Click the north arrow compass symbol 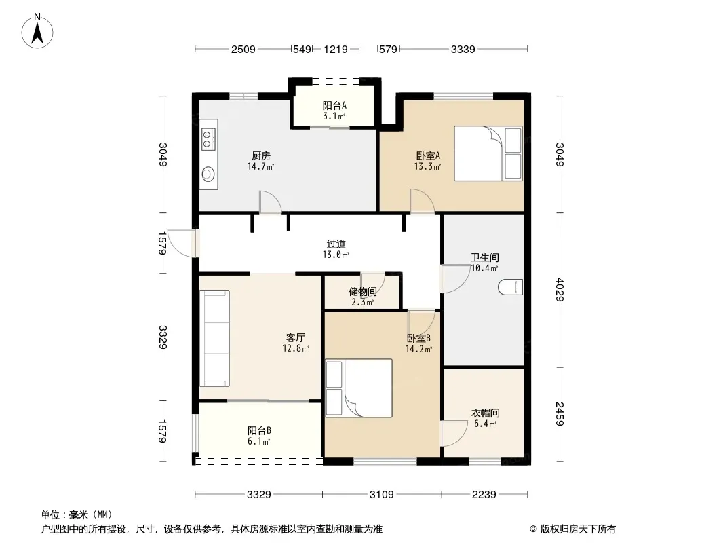coord(37,31)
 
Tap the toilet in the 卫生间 coord(511,287)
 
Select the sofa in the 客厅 coord(214,338)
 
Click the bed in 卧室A coord(488,153)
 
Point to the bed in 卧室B coord(359,388)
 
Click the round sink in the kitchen coord(208,174)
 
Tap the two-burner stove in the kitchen coord(208,139)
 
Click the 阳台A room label coord(334,106)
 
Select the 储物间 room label coord(362,292)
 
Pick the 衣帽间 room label coord(485,413)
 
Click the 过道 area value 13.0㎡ coord(336,255)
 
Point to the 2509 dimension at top coord(243,50)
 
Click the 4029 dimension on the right coord(560,290)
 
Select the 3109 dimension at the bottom coord(382,495)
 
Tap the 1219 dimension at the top coord(336,50)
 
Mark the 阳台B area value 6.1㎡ coord(258,441)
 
